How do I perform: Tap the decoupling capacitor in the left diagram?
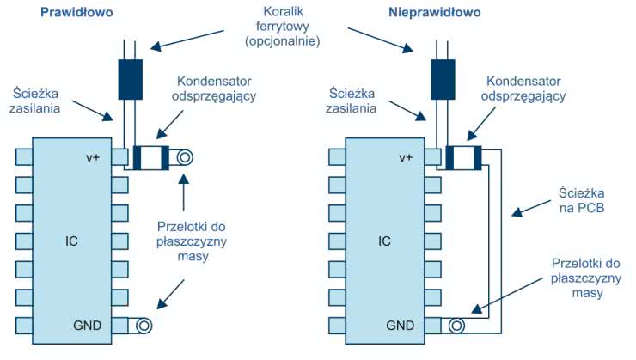tap(154, 158)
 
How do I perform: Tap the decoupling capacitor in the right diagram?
tap(468, 158)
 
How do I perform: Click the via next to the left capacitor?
tap(183, 158)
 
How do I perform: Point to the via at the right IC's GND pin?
tap(458, 326)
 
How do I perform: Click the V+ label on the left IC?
tap(94, 157)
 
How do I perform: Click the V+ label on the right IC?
tap(407, 157)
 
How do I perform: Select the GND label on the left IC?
tap(87, 326)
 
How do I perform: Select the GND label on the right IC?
tap(401, 326)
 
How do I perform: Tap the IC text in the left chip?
tap(71, 241)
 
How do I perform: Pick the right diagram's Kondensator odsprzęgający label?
tap(525, 87)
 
